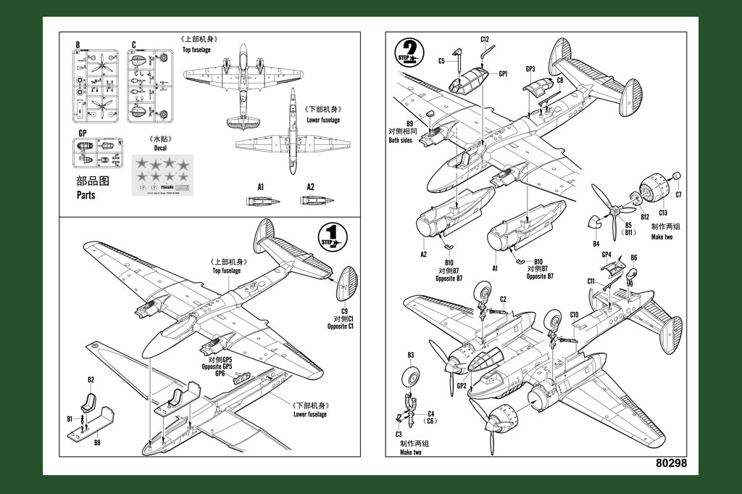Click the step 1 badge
click(333, 238)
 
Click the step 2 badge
click(409, 52)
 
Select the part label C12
click(485, 39)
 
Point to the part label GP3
click(530, 70)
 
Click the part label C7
click(678, 194)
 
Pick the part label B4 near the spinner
click(596, 244)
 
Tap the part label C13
click(662, 213)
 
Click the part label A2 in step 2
click(423, 254)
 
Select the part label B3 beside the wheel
click(411, 355)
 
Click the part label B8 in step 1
click(97, 441)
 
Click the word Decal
click(159, 148)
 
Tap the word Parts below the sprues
click(86, 195)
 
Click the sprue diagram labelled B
click(95, 86)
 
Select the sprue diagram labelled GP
click(98, 153)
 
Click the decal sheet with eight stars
click(164, 176)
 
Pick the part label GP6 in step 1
click(220, 373)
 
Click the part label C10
click(574, 315)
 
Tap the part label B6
click(634, 258)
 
